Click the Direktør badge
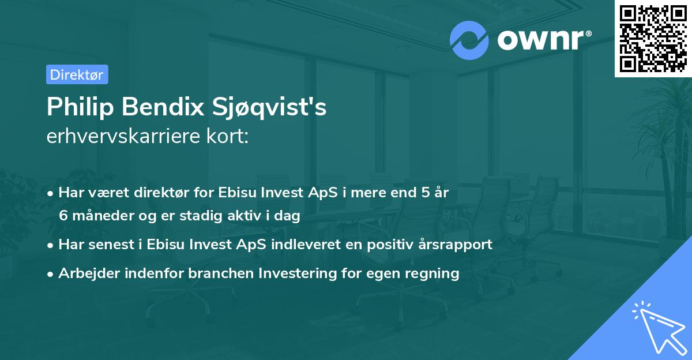[x=77, y=74]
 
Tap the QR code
[x=652, y=38]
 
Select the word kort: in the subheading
[x=229, y=137]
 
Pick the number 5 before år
[x=427, y=193]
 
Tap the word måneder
[x=102, y=216]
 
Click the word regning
[x=434, y=273]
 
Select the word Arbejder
[x=85, y=273]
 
